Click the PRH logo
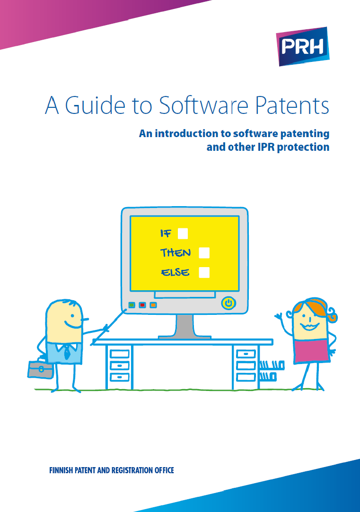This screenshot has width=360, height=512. coord(302,46)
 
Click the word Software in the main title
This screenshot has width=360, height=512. coord(203,105)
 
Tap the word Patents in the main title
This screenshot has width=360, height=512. coord(292,105)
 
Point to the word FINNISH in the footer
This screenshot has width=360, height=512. coord(61,470)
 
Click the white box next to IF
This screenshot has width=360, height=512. coord(183,234)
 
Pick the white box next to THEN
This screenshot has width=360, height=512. coord(204,253)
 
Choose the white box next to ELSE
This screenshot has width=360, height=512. coord(204,272)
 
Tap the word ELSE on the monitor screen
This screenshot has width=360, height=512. coord(175,272)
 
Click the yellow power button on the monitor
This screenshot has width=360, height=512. coord(228,303)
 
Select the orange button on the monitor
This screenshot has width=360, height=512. coord(153,305)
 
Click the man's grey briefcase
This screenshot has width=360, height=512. coord(41,369)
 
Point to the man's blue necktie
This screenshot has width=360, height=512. coord(67,352)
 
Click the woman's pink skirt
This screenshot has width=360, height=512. coord(311,351)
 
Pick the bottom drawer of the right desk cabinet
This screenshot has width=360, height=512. coord(246,377)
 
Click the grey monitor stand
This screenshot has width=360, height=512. coord(184,327)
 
